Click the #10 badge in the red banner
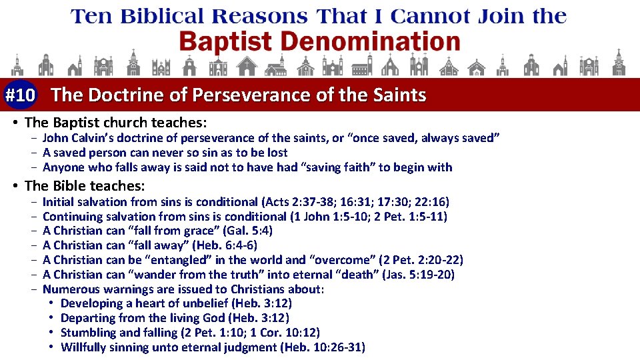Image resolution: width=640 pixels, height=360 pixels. coord(20,95)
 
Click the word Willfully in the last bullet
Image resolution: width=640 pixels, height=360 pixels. coord(84,347)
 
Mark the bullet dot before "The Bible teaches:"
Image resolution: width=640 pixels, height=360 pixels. coord(15,186)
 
